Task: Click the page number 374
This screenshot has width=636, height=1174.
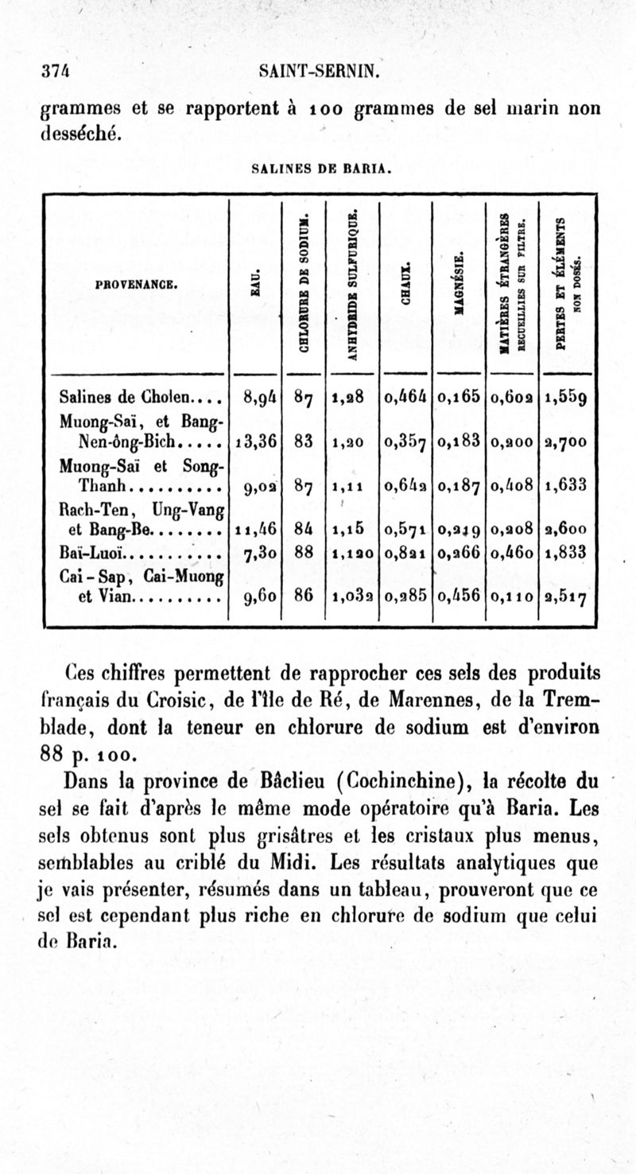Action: (54, 72)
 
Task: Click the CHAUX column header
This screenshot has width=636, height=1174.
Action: (406, 282)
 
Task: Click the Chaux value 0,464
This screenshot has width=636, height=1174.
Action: (405, 395)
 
